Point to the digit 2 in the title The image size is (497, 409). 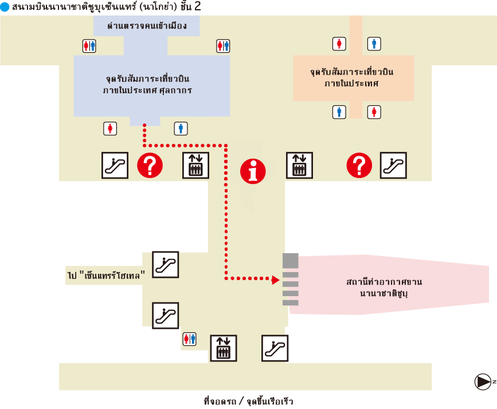pos(198,7)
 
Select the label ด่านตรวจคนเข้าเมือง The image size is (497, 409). pos(147,26)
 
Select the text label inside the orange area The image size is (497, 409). pos(353,78)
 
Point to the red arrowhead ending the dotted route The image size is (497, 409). pos(276,279)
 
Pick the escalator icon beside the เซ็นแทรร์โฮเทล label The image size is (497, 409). pos(165,264)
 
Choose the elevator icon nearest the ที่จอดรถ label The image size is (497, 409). pos(223,348)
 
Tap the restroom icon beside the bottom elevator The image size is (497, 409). pos(189,339)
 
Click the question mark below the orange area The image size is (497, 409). pos(359,166)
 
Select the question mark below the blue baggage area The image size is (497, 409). pos(150,166)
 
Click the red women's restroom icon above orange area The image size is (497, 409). pos(340,44)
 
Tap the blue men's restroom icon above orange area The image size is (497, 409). pos(374,44)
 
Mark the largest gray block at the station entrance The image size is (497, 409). pos(290,260)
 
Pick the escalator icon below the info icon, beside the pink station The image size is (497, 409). pos(275,347)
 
